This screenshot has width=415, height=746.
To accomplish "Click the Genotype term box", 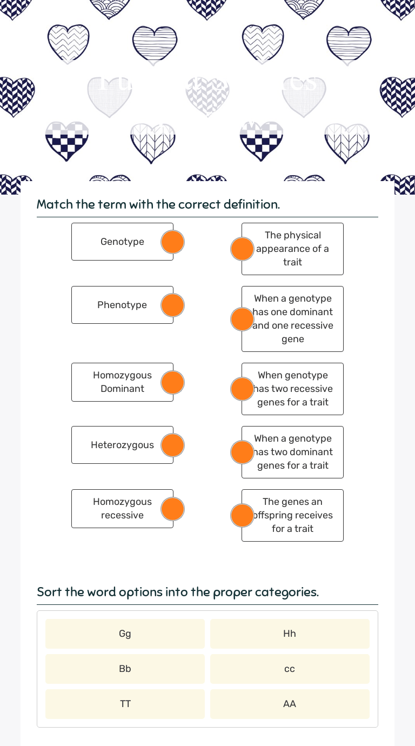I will click(x=122, y=242).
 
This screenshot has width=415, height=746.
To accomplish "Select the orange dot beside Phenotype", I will click(x=173, y=305).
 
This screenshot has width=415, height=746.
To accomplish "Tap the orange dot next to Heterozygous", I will click(x=173, y=445).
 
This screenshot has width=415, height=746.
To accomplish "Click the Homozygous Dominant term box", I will click(x=122, y=382).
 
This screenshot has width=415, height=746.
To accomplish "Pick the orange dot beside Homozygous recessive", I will click(x=173, y=509).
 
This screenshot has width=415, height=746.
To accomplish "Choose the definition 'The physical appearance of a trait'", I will click(x=293, y=249).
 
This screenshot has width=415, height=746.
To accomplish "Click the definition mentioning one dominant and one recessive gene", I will click(x=293, y=319).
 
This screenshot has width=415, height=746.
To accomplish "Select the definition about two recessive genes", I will click(x=293, y=389).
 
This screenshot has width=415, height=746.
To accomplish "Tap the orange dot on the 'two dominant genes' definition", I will click(x=242, y=452).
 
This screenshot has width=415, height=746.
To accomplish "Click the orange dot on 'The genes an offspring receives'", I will click(x=242, y=515).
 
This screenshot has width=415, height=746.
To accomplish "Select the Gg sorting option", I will click(x=125, y=634).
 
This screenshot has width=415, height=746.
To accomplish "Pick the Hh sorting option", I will click(x=290, y=634).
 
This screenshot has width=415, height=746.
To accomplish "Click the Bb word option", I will click(x=125, y=669).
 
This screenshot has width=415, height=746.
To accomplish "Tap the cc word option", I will click(x=290, y=669).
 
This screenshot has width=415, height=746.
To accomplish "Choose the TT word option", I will click(x=125, y=704).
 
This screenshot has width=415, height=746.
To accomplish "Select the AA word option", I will click(x=290, y=704).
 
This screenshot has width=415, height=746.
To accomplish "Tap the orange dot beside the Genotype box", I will click(x=173, y=242).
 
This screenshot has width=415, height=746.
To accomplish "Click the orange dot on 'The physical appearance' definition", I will click(x=242, y=249).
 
